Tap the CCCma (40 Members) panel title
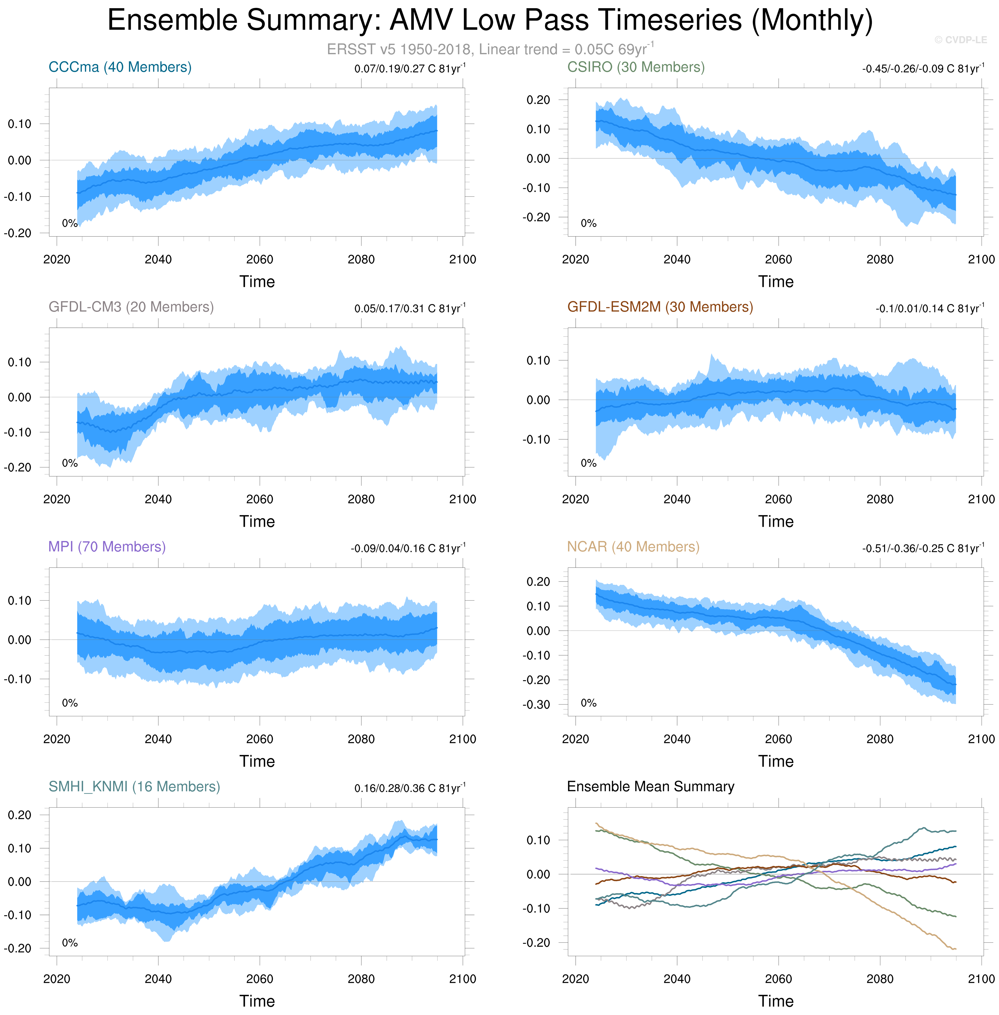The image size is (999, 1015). (120, 67)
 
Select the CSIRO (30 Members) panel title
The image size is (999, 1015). (636, 67)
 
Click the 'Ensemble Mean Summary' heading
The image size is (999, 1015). (651, 787)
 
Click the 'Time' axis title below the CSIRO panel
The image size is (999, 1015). (776, 282)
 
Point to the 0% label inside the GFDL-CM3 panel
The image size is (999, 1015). (70, 463)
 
